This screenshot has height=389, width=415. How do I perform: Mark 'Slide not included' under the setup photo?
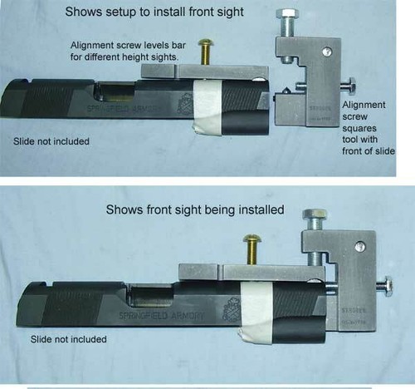(x=51, y=140)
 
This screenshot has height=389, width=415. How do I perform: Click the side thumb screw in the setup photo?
(x=349, y=85)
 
